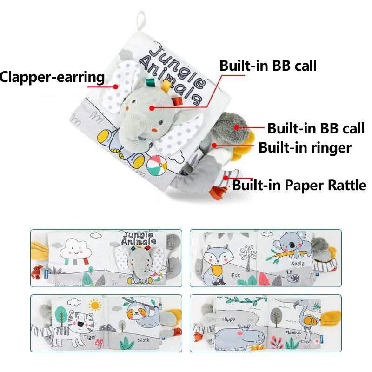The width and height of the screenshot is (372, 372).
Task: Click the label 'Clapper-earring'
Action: point(52,77)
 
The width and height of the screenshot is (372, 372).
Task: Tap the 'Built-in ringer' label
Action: point(305,148)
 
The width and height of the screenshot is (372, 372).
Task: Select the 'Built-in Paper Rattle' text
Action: point(299,186)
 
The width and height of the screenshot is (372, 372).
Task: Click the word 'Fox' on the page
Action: point(236,275)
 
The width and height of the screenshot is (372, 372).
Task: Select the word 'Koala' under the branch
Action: point(298,263)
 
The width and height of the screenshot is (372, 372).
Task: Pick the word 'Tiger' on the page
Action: point(91,336)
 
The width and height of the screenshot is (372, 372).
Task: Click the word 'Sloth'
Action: point(144,340)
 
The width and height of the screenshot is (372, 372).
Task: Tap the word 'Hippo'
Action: point(228,319)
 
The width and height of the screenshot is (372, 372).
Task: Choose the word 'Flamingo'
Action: point(293,333)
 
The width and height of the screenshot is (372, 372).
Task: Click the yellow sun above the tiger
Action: point(96,306)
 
